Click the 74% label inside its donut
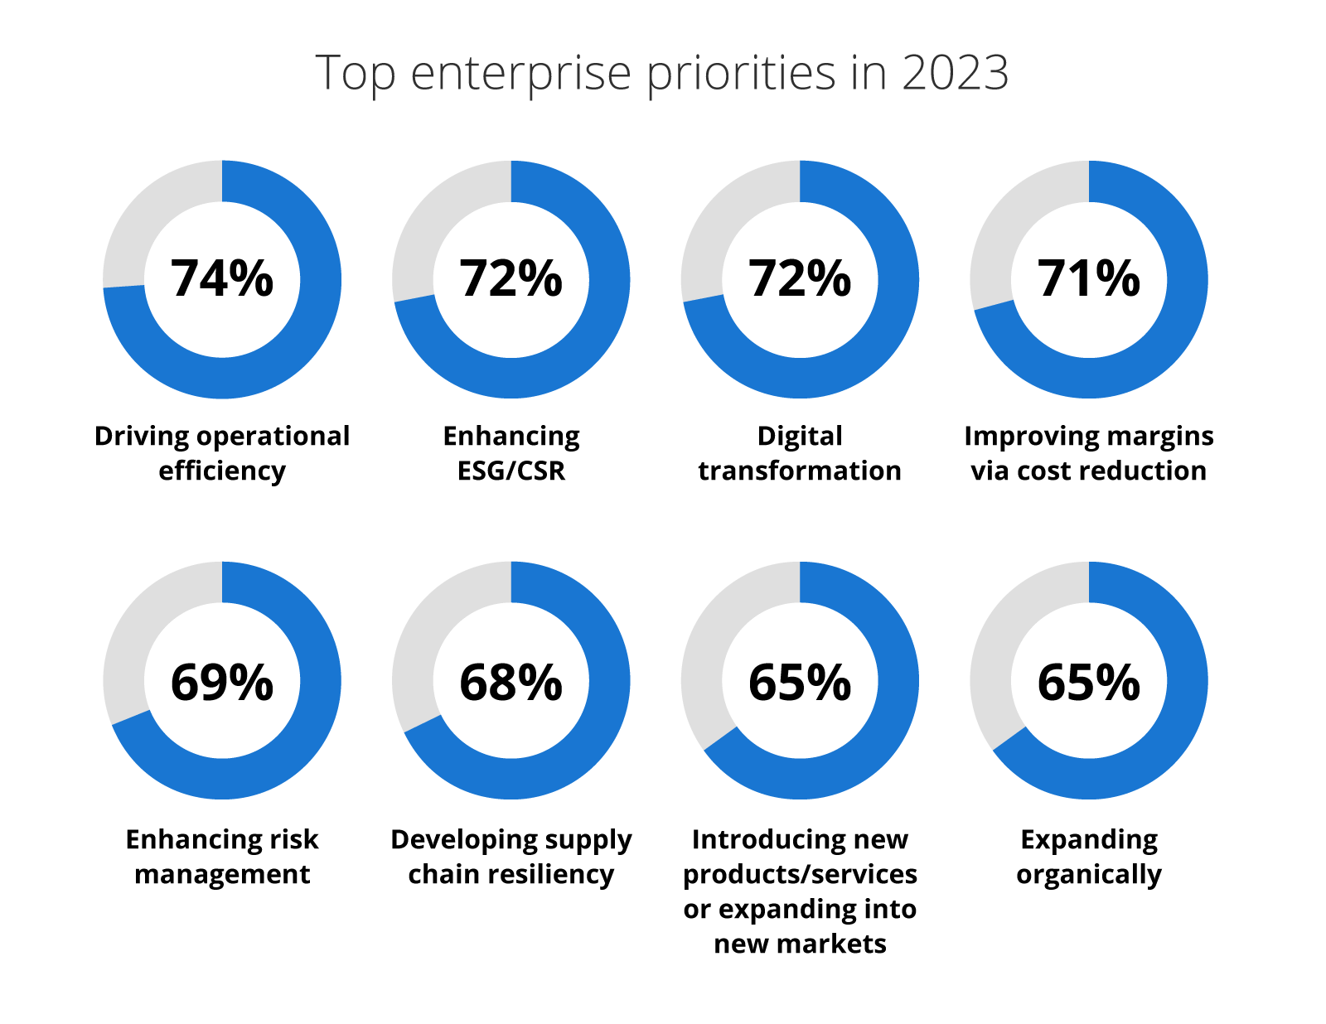[222, 278]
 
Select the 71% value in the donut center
[1088, 278]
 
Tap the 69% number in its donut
[222, 683]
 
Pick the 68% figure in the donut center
[511, 683]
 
